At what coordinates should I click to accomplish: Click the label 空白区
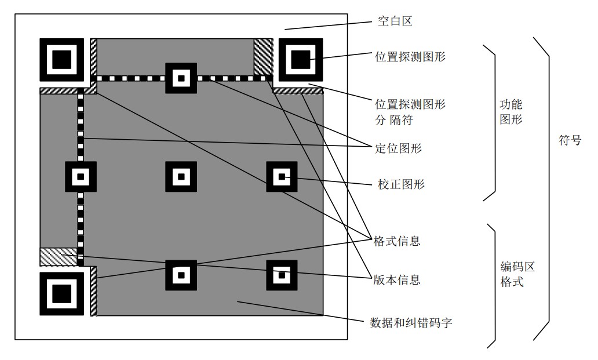(x=395, y=21)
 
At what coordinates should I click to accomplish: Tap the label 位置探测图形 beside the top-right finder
(x=410, y=57)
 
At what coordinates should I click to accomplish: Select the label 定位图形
(x=399, y=148)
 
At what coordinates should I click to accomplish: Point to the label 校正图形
(x=401, y=184)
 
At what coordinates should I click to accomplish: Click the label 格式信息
(x=396, y=241)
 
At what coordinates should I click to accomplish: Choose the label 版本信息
(x=396, y=281)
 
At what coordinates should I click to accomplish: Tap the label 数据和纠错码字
(x=411, y=323)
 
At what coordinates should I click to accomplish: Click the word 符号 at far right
(x=570, y=140)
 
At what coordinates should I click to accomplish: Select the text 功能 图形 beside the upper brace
(x=511, y=112)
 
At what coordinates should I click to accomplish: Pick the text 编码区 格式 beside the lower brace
(x=517, y=274)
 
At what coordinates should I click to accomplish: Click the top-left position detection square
(x=62, y=60)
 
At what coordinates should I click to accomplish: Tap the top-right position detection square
(x=301, y=60)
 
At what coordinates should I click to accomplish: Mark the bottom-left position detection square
(x=62, y=294)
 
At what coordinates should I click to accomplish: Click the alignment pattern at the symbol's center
(x=181, y=177)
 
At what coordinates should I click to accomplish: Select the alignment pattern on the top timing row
(x=181, y=78)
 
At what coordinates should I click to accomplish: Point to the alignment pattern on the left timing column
(x=81, y=177)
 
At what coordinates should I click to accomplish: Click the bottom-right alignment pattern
(x=282, y=275)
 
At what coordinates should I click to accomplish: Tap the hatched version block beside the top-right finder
(x=263, y=57)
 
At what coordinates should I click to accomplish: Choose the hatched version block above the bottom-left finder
(x=59, y=257)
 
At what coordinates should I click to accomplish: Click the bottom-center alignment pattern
(x=181, y=275)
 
